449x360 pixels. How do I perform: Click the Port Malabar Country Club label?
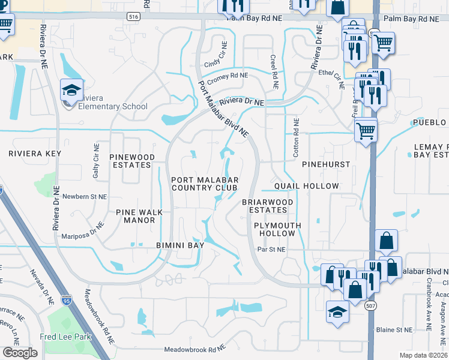coord(205,184)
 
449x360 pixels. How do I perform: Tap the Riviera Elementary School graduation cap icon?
coord(71,91)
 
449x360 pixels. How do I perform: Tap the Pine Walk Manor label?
coord(136,216)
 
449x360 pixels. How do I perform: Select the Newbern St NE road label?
coord(83,196)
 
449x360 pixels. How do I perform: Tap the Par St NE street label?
coord(271,249)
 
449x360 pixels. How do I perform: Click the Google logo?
coord(20,352)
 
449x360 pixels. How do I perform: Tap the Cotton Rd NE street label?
coord(296,138)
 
